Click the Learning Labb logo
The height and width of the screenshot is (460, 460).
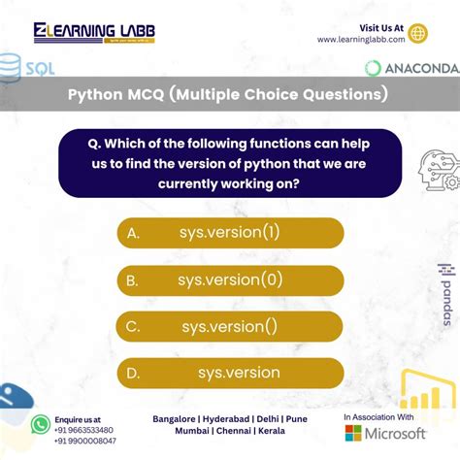[x=94, y=33]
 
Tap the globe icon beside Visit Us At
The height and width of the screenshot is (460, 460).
[x=418, y=33]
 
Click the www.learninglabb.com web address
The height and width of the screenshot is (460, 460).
[x=360, y=40]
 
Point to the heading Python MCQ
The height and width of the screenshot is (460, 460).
[x=228, y=95]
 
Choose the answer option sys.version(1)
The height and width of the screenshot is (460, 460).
[x=229, y=233]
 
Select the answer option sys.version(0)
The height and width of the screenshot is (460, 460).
[x=230, y=280]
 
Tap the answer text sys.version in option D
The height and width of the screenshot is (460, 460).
[x=239, y=373]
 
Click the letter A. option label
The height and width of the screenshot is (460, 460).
[x=133, y=233]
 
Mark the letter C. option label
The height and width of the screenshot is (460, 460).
[x=133, y=327]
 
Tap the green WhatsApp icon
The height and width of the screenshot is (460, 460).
[x=40, y=424]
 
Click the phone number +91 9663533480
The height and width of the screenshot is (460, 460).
[x=85, y=429]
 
